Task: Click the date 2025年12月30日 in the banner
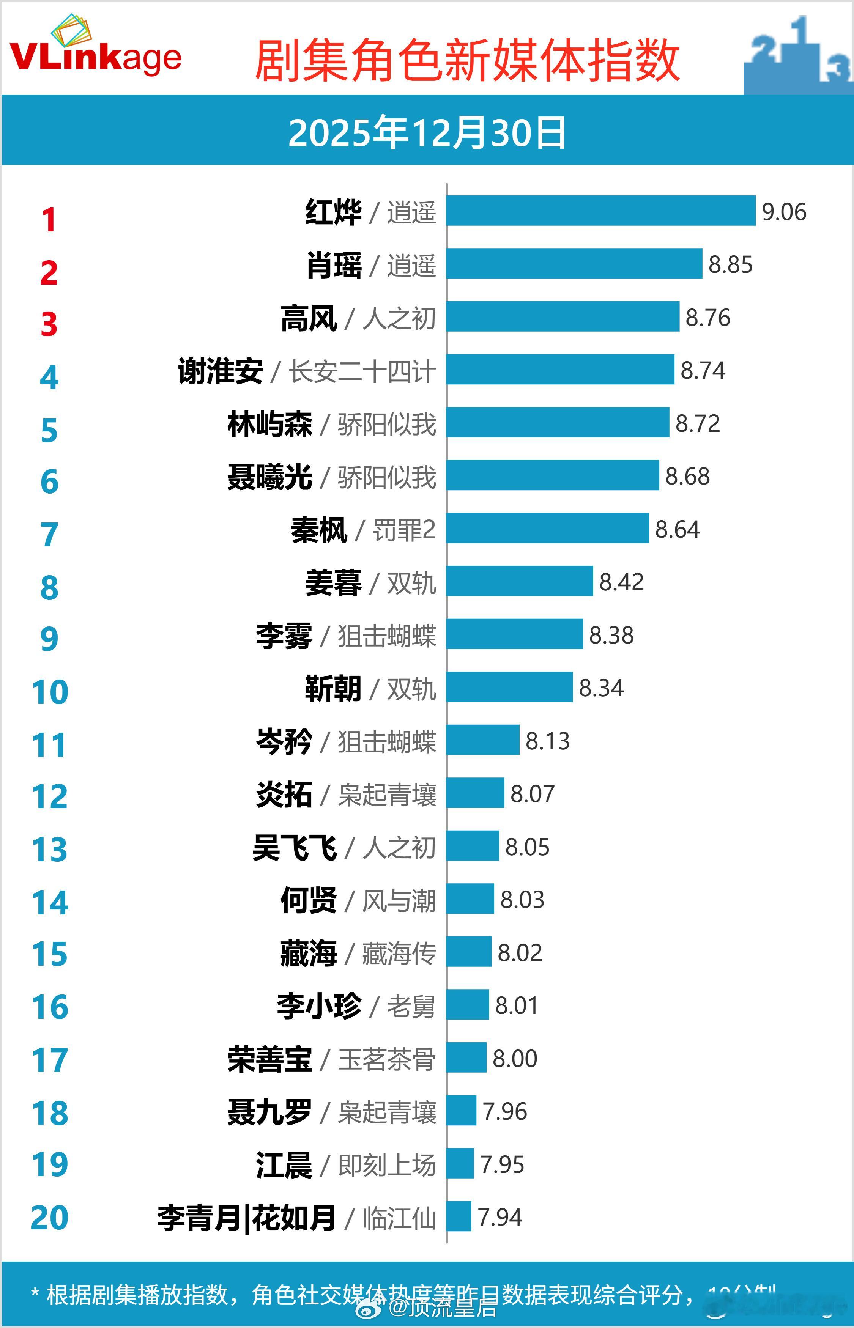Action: [x=427, y=133]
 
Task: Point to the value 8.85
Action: [x=730, y=264]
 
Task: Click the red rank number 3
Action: [x=49, y=324]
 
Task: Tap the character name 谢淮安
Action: [x=220, y=371]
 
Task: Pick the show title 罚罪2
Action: [x=404, y=530]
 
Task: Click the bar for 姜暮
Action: [x=520, y=581]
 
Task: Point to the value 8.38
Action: [x=611, y=635]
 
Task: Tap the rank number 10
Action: [x=50, y=692]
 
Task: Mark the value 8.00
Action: [x=515, y=1059]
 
